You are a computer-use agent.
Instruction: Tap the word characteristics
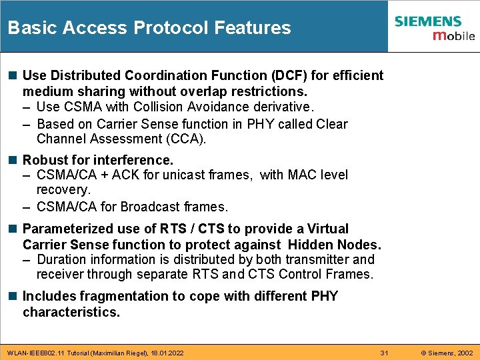[71, 312]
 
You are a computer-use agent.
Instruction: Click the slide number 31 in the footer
[384, 352]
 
